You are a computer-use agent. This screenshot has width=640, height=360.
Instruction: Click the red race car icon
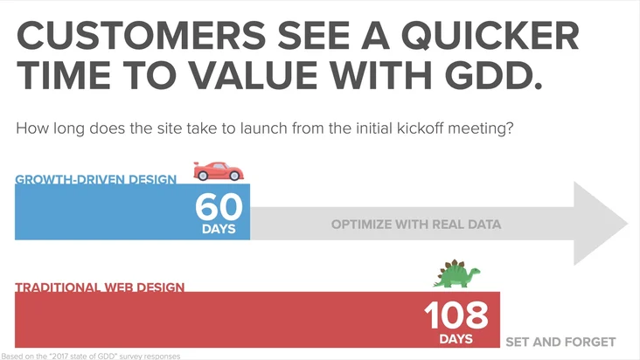219,171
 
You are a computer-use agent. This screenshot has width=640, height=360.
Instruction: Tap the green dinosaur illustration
456,273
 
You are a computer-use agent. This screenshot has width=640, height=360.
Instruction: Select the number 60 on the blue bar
219,207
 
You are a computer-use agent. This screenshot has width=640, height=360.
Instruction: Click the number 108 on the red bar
456,315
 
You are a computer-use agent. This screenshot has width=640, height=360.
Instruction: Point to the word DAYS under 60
219,229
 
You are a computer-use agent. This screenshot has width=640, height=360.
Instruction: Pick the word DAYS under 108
456,339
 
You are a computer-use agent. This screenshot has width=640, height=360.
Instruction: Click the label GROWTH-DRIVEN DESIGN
96,179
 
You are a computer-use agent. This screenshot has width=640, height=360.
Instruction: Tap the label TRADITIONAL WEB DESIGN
100,287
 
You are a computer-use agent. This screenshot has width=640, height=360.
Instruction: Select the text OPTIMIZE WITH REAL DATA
416,225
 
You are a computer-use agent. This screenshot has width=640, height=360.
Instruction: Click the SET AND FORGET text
560,342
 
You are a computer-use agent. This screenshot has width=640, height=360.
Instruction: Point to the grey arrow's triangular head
600,224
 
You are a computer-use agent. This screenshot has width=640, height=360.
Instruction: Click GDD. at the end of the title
493,75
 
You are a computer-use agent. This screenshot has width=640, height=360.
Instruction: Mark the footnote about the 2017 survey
91,356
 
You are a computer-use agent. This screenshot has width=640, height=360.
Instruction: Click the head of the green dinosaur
475,272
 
